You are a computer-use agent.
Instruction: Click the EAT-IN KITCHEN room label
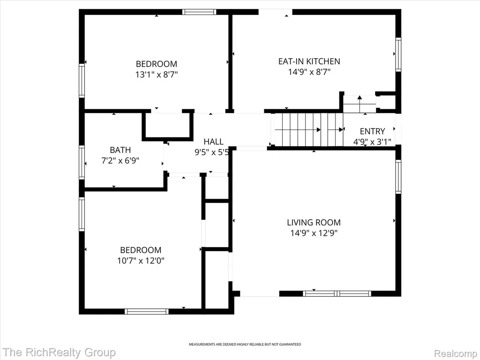pyautogui.click(x=309, y=61)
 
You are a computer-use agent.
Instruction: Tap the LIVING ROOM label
pyautogui.click(x=314, y=222)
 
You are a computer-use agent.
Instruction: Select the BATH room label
pyautogui.click(x=120, y=150)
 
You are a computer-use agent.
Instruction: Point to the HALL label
pyautogui.click(x=214, y=142)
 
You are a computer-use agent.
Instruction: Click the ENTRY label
pyautogui.click(x=372, y=131)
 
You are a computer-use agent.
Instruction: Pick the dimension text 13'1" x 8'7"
pyautogui.click(x=157, y=75)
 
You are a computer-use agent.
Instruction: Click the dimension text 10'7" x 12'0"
pyautogui.click(x=141, y=261)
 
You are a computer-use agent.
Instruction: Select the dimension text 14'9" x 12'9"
pyautogui.click(x=314, y=233)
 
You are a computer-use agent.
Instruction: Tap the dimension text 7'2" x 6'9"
pyautogui.click(x=120, y=160)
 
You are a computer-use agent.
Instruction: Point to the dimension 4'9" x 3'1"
pyautogui.click(x=372, y=142)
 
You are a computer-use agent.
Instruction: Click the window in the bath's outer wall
pyautogui.click(x=82, y=162)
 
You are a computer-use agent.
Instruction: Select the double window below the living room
pyautogui.click(x=337, y=293)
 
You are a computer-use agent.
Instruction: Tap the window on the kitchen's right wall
pyautogui.click(x=398, y=54)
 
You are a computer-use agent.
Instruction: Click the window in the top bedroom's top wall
pyautogui.click(x=199, y=12)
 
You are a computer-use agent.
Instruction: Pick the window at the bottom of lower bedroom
pyautogui.click(x=147, y=311)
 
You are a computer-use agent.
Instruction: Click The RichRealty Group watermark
pyautogui.click(x=59, y=352)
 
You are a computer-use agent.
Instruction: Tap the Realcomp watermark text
pyautogui.click(x=456, y=353)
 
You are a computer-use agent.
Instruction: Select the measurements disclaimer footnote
pyautogui.click(x=245, y=345)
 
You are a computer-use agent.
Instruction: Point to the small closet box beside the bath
pyautogui.click(x=167, y=125)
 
